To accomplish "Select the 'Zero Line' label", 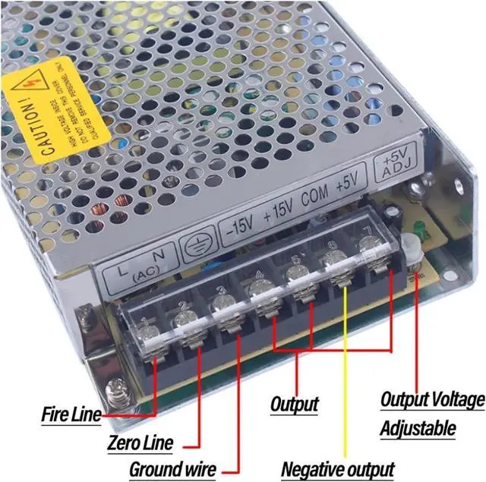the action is pos(140,443).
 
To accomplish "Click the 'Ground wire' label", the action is pos(172,468).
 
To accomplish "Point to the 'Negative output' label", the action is pos(338,469).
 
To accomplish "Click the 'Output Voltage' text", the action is pos(431,399).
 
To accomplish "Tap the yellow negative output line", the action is pos(343,364).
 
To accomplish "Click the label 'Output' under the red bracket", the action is pos(294,403).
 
